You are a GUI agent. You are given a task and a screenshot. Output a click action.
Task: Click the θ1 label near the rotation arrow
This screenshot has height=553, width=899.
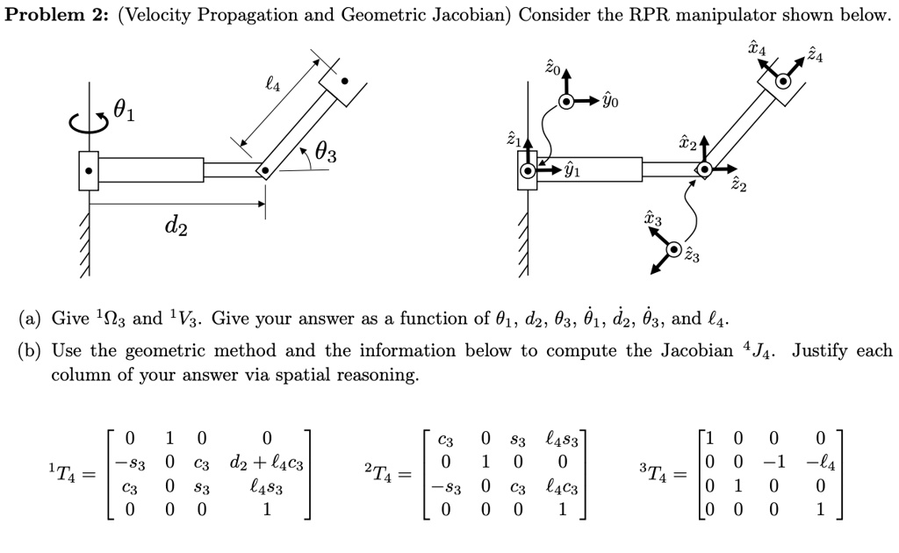click(x=126, y=111)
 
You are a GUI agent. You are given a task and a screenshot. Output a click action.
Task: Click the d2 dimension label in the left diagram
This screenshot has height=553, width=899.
click(x=176, y=226)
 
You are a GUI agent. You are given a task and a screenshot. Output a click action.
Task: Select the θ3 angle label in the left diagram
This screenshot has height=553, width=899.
click(x=325, y=155)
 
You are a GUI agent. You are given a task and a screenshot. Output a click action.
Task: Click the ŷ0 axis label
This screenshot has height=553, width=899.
click(x=610, y=102)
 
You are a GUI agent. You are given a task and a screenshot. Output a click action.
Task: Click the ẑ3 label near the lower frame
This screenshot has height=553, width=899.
click(x=693, y=256)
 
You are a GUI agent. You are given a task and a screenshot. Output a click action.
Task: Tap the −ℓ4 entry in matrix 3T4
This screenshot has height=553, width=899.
click(x=820, y=463)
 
